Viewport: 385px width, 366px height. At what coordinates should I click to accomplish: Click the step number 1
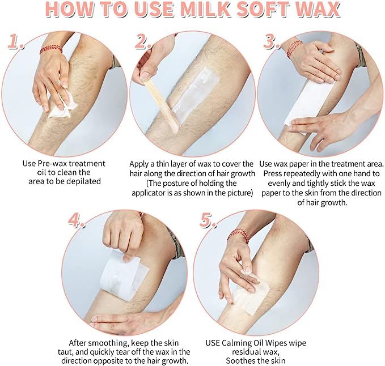[x=15, y=41]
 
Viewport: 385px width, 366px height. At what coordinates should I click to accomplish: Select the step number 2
[x=143, y=41]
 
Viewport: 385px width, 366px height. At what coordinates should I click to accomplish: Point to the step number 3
[x=272, y=41]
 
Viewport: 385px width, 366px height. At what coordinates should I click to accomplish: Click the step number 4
[x=76, y=220]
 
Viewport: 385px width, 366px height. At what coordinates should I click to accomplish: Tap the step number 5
[x=208, y=220]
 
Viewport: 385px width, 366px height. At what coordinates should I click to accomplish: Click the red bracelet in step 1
[x=51, y=49]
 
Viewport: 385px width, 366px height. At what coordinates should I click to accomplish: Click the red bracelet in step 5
[x=238, y=236]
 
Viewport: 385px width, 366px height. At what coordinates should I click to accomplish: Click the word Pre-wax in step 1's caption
[x=52, y=164]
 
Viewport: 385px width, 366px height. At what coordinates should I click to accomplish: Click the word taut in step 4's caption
[x=65, y=352]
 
